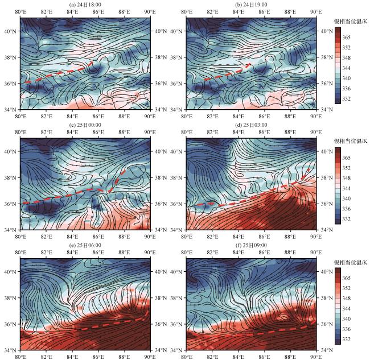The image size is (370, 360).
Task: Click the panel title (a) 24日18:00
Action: coord(85,5)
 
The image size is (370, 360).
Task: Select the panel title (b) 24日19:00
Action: coord(251,5)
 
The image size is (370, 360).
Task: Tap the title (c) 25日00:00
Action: coord(85,125)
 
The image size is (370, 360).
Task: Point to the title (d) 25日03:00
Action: coord(251,125)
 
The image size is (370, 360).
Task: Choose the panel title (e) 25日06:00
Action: coord(85,245)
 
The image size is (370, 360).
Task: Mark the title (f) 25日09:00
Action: coord(251,245)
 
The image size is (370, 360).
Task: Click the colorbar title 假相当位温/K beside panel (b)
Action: coord(351,22)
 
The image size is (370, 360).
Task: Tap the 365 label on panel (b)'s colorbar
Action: coord(347,37)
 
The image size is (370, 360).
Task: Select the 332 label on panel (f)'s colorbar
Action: coord(347,340)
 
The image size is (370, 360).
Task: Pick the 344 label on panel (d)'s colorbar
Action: coord(347,188)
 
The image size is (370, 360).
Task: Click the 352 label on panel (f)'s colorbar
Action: coord(347,288)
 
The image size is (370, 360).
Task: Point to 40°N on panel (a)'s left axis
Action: coord(10,31)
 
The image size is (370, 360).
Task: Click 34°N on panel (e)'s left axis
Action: coord(10,350)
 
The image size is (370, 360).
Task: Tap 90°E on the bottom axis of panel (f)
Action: coord(316,357)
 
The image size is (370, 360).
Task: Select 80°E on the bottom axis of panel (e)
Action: coord(20,357)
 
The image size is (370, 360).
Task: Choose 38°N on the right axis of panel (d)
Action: coord(327,177)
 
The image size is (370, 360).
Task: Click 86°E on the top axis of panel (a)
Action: coord(98,12)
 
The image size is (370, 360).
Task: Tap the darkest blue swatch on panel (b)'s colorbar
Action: coord(338,101)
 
